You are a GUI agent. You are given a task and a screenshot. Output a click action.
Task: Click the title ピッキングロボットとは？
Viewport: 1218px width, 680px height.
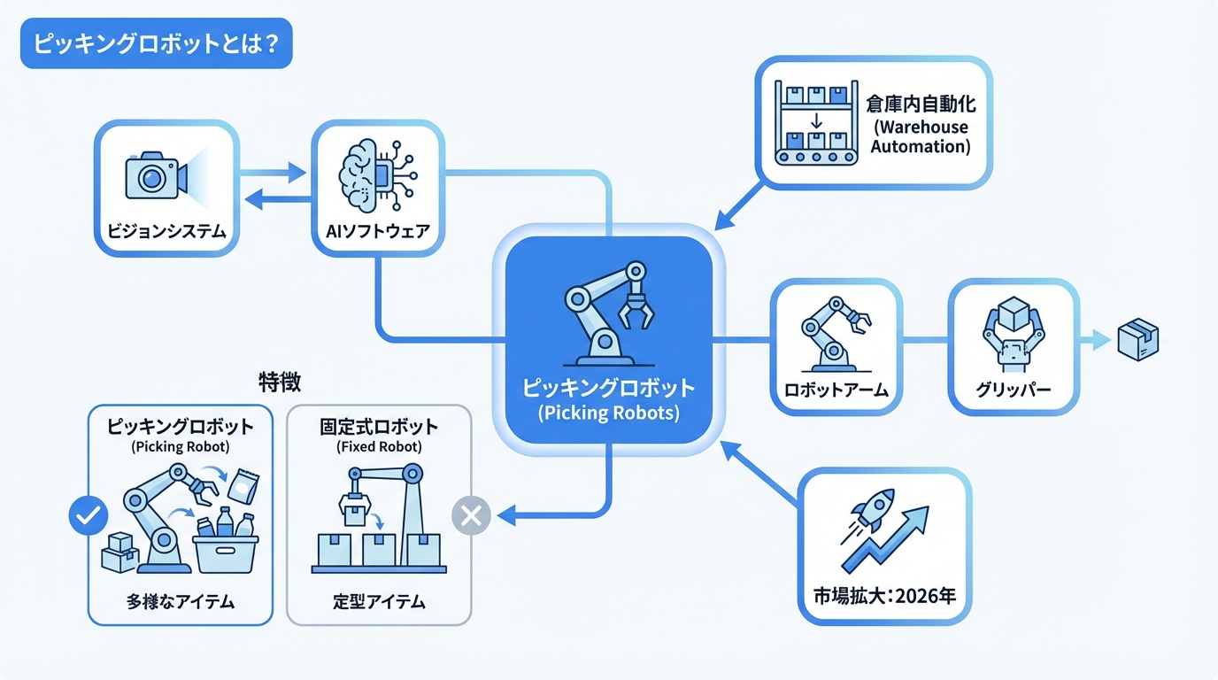tap(156, 44)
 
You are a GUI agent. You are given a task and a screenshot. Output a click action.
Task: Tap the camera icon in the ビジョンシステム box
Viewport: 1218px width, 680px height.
tap(157, 176)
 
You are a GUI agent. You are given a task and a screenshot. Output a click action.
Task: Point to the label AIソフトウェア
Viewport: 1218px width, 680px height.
tap(377, 233)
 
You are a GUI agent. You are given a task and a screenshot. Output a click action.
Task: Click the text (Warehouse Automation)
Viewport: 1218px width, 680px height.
tap(921, 137)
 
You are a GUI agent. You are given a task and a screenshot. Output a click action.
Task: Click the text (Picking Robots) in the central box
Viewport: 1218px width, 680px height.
tap(609, 413)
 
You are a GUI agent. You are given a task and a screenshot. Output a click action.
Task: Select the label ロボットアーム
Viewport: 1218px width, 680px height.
tap(836, 389)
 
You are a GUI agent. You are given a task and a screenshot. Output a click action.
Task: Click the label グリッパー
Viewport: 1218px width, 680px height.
tap(1014, 389)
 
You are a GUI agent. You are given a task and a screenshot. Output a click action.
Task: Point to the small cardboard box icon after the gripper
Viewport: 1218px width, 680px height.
tap(1137, 339)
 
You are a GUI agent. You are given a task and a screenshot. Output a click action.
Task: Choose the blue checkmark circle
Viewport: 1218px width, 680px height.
tap(89, 514)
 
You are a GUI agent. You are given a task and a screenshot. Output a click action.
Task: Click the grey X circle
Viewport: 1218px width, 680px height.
tap(471, 514)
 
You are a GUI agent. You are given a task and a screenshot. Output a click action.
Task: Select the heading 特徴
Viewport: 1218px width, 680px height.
tap(280, 382)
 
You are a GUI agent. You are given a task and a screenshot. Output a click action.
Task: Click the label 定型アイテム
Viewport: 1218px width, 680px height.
tap(379, 603)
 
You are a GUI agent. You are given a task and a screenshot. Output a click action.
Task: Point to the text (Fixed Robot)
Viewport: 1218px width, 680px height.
tap(379, 447)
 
